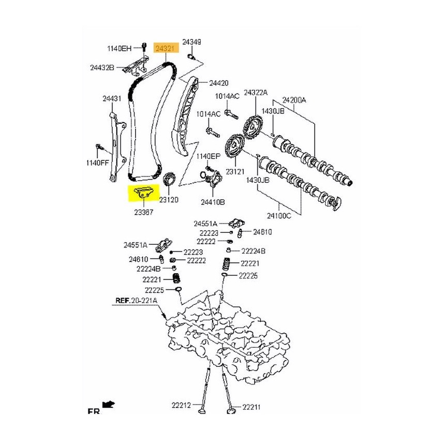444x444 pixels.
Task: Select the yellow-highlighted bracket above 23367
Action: pyautogui.click(x=142, y=193)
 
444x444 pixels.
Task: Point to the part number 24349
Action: pyautogui.click(x=192, y=42)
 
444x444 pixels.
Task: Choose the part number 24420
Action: pyautogui.click(x=218, y=83)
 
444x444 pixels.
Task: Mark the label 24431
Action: pyautogui.click(x=111, y=98)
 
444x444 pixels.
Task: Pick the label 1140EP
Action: pyautogui.click(x=208, y=156)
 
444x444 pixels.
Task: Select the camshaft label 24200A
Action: pyautogui.click(x=294, y=99)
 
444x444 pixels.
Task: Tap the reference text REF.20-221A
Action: pyautogui.click(x=136, y=301)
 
